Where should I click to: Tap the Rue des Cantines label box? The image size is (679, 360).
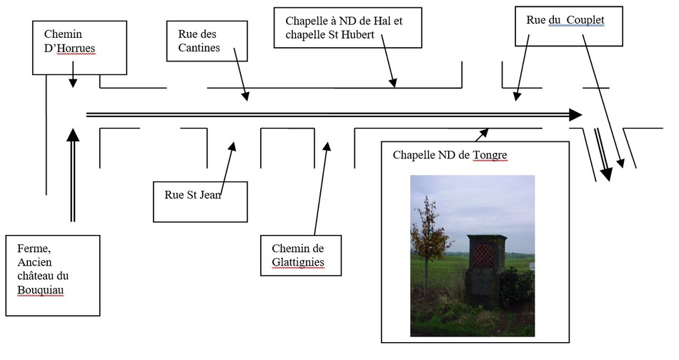coord(207,41)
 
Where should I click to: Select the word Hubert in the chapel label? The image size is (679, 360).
coord(357,34)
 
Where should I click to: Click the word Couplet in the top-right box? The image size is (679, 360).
coord(585,20)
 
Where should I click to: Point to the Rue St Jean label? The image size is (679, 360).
coord(200,201)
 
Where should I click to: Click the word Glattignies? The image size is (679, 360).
coord(298,261)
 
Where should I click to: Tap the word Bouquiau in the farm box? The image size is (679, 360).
coord(40,289)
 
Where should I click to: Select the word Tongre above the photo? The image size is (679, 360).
coord(490,155)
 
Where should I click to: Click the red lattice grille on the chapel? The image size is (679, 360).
coord(483,256)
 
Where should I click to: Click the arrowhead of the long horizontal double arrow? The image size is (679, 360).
coord(575,115)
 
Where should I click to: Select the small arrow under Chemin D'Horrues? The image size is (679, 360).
coord(73,74)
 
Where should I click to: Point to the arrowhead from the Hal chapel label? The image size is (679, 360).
coord(393,83)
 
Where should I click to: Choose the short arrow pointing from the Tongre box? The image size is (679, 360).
coord(481,135)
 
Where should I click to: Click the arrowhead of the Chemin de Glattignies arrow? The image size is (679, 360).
coord(327,146)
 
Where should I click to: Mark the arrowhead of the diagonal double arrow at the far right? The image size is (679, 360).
coord(606,174)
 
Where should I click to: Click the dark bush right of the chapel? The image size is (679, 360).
coord(517,287)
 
